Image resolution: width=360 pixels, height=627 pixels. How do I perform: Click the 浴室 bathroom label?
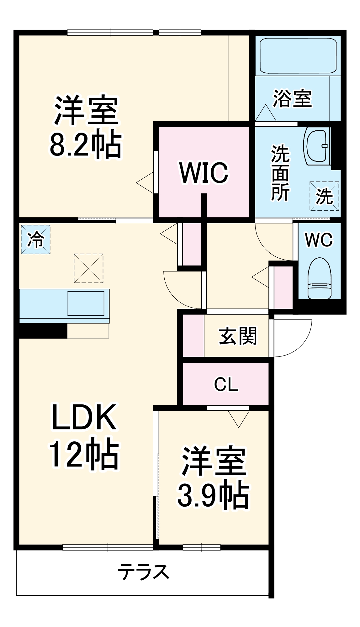(x=292, y=99)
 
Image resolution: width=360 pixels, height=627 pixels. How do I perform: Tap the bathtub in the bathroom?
(x=298, y=56)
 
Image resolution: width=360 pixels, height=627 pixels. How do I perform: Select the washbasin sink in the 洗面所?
(x=317, y=146)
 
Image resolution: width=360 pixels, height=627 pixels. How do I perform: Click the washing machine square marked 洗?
(x=324, y=196)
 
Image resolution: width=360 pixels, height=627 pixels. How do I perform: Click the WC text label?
(x=319, y=240)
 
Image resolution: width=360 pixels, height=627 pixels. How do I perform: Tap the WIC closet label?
(x=204, y=173)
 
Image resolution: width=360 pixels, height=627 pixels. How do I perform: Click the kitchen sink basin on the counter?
(x=86, y=303)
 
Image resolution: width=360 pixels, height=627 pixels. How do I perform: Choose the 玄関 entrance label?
(x=238, y=336)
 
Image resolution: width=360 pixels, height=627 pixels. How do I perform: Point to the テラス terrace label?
(x=143, y=571)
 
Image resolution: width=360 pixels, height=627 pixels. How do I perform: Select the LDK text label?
(x=84, y=417)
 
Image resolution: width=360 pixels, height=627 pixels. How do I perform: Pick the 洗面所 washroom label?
(x=280, y=173)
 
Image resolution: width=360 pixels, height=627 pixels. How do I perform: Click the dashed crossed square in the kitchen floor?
(x=88, y=268)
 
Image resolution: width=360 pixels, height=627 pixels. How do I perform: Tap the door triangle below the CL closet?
(x=239, y=418)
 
